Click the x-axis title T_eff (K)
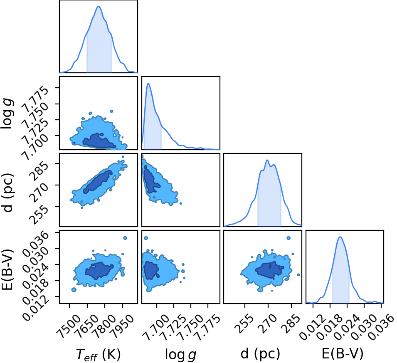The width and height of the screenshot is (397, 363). [98, 354]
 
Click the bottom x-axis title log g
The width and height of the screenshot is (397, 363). [180, 354]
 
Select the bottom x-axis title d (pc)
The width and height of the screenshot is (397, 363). [260, 353]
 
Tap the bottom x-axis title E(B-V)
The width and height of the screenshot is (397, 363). [342, 353]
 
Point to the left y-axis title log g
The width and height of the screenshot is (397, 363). [7, 114]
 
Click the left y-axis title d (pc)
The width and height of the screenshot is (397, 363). [8, 193]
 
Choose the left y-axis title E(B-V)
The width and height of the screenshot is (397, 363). [7, 270]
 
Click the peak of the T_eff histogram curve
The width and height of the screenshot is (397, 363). [99, 7]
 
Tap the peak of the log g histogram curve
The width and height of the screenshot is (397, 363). [148, 83]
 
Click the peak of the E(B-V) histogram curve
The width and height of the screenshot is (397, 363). [340, 237]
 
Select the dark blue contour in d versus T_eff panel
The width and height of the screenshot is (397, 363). [97, 182]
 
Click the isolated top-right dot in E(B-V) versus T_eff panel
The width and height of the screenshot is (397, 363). [125, 238]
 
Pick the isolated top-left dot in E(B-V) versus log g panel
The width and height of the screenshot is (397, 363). [145, 238]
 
